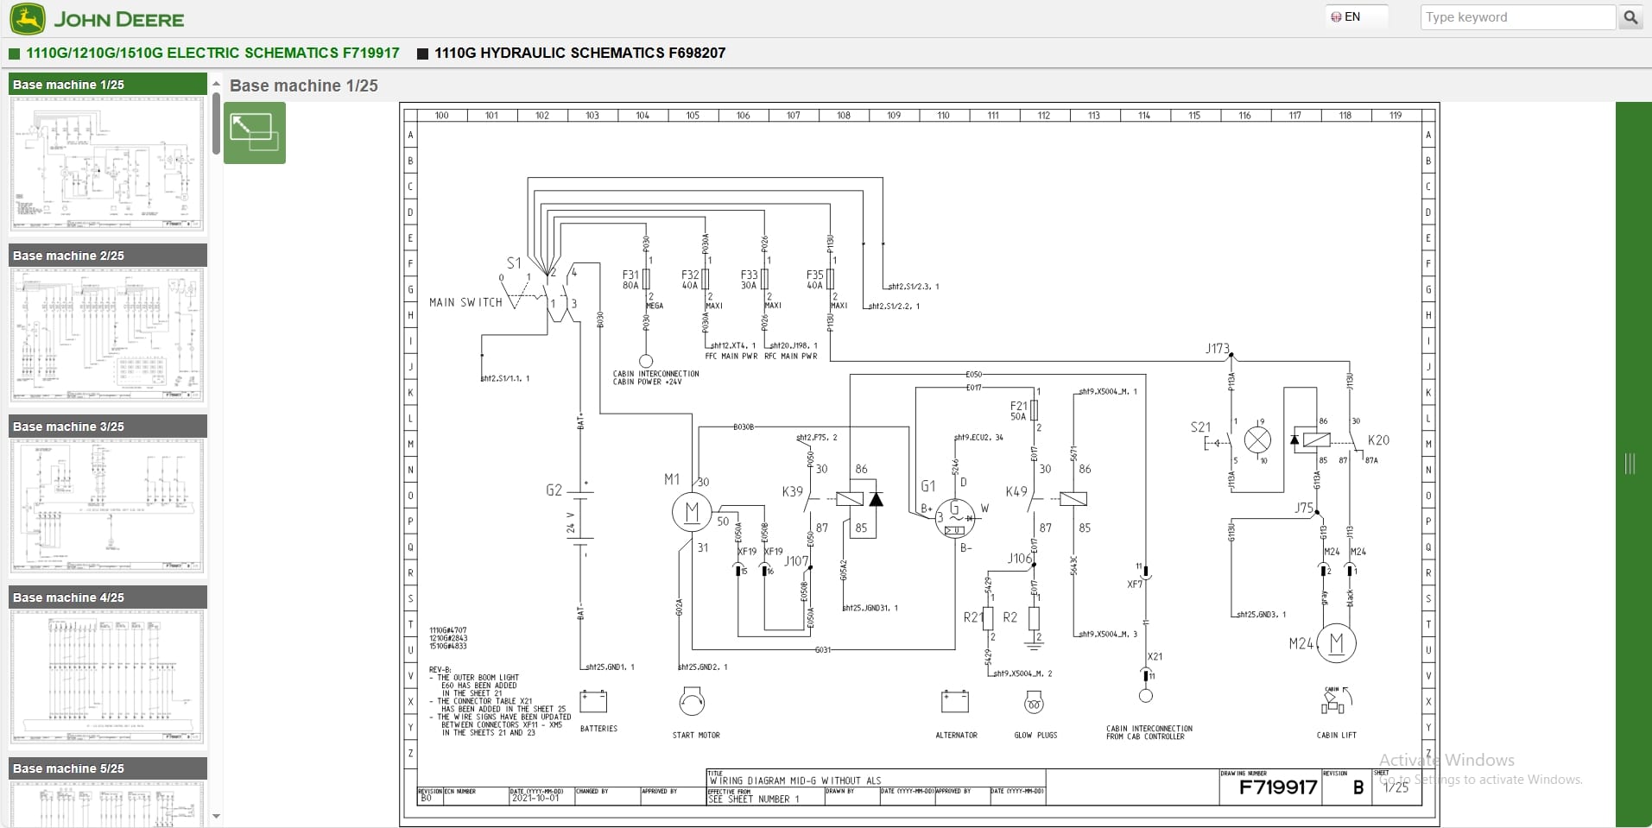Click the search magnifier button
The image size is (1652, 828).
(1630, 17)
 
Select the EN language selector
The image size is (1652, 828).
(1346, 16)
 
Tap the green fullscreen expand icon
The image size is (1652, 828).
(255, 133)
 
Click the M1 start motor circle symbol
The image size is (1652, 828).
(692, 513)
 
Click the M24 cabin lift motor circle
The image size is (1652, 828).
(1336, 643)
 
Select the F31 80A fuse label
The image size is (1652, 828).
(630, 280)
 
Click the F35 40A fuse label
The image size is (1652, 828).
(814, 280)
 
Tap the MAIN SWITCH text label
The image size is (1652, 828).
(465, 302)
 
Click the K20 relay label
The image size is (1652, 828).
(1378, 439)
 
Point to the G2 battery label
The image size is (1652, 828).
(554, 490)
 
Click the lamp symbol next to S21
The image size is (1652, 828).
(1257, 440)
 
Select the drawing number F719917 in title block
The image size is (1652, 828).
(1277, 787)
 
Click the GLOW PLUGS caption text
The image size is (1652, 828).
(1035, 736)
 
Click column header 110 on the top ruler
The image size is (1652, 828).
(943, 115)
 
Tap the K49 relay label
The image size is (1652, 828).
(1016, 491)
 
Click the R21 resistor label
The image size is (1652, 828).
(972, 617)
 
